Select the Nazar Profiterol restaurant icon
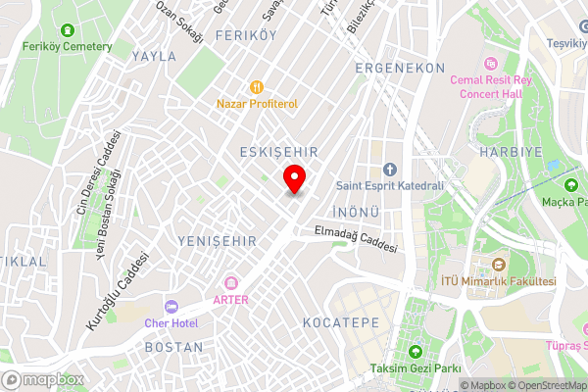pos(257,86)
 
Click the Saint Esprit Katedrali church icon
pos(389,170)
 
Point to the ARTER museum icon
pos(230,283)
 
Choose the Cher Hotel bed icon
pos(171,308)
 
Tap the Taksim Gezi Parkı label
pos(415,368)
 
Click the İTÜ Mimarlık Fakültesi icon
pos(499,266)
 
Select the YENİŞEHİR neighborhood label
pos(218,240)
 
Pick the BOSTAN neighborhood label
pos(173,347)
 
